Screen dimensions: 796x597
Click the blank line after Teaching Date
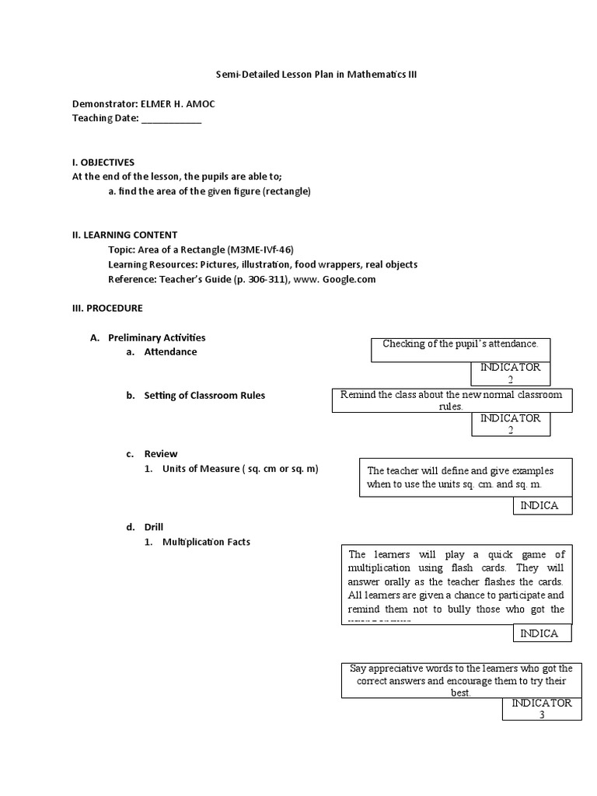point(171,119)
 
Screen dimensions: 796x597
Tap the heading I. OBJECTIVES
point(103,162)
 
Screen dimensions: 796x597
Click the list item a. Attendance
point(170,351)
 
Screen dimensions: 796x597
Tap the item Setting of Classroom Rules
point(204,395)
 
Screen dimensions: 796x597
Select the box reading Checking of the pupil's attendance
point(461,351)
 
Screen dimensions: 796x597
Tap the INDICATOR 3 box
point(542,708)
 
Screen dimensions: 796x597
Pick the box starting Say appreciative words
point(461,679)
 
